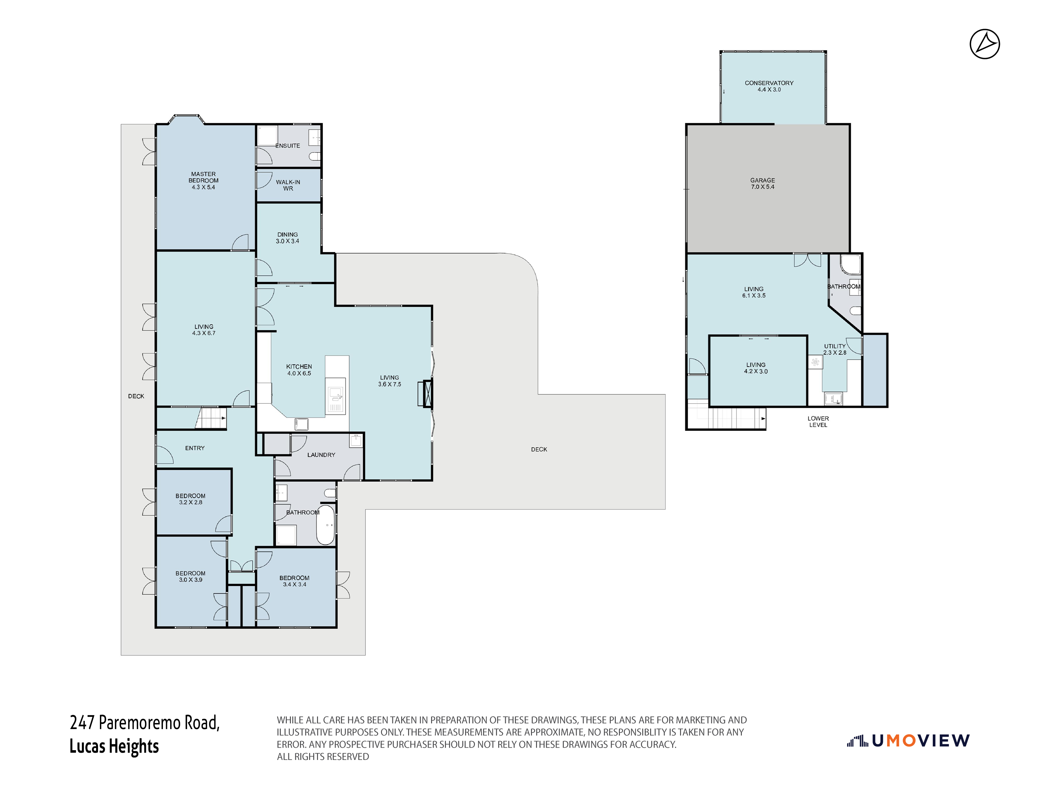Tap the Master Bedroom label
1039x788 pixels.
coord(203,180)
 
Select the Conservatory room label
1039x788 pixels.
coord(769,86)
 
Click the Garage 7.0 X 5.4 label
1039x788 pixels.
coord(762,183)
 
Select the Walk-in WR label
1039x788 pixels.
coord(288,185)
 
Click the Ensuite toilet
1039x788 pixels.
coord(315,156)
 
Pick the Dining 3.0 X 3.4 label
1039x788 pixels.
coord(287,238)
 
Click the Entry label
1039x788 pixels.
coord(195,448)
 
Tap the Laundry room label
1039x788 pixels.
coord(321,455)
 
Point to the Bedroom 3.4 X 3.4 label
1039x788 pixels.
coord(295,581)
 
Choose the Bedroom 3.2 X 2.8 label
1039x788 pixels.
coord(191,499)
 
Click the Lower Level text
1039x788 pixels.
coord(818,421)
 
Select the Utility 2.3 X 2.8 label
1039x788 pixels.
coord(835,349)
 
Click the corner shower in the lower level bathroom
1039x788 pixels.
coord(850,264)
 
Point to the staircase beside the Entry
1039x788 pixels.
coord(211,418)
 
